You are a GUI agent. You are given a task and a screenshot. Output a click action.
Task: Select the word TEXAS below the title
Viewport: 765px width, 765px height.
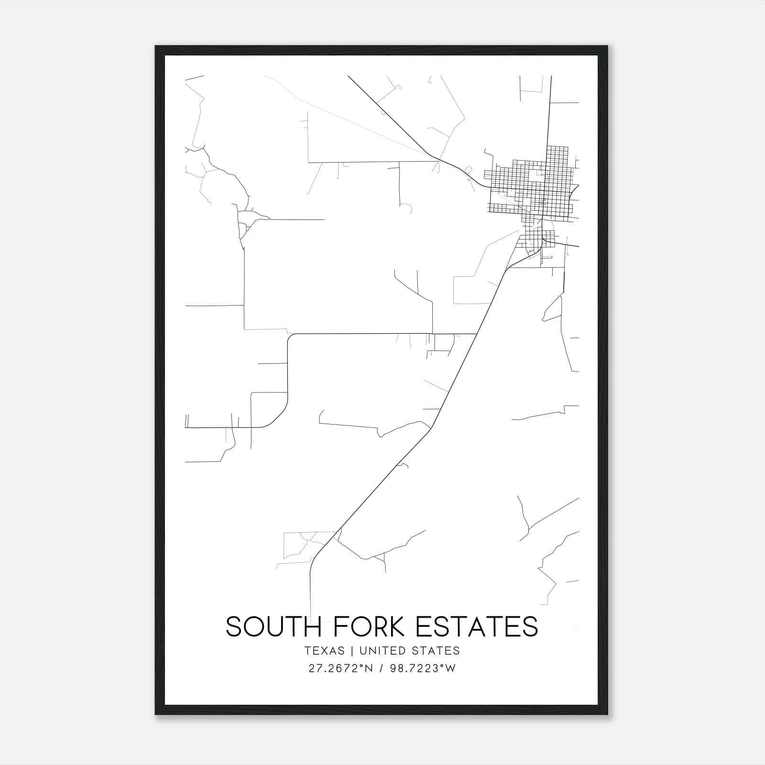(324, 651)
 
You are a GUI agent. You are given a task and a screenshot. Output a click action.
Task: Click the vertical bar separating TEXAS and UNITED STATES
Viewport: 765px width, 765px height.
(352, 651)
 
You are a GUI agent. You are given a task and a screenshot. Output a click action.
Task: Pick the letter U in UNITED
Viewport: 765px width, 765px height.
(363, 651)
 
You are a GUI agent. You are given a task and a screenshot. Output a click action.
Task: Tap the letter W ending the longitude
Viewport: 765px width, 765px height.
(451, 668)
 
